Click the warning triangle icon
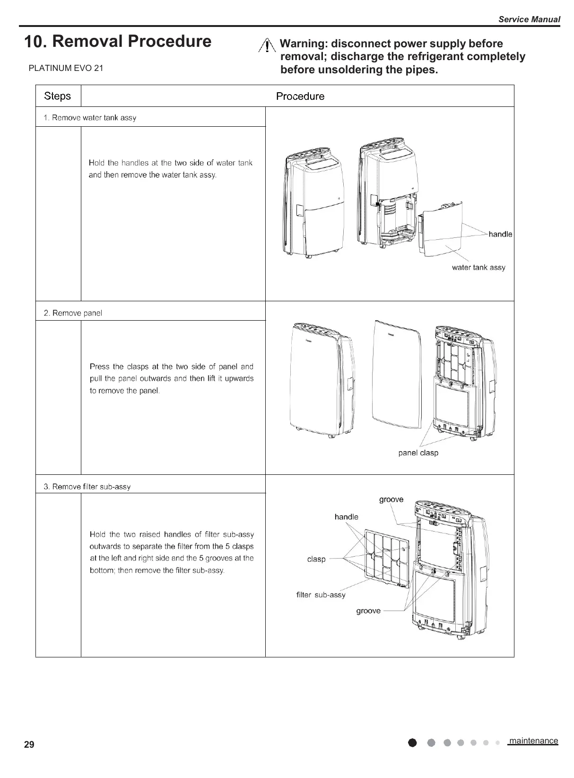[x=267, y=46]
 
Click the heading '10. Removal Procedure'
[x=118, y=42]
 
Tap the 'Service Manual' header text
[x=529, y=19]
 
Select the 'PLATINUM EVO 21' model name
[x=66, y=68]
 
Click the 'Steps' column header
[x=57, y=96]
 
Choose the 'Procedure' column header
[x=300, y=96]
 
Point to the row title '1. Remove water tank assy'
[x=90, y=118]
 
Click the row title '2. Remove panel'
[x=72, y=313]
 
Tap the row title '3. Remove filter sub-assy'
[x=87, y=487]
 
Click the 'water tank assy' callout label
[x=478, y=268]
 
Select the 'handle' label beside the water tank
[x=500, y=235]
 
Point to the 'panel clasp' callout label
[x=418, y=453]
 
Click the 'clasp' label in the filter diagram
[x=316, y=559]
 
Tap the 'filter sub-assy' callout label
[x=321, y=595]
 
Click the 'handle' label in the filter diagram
[x=346, y=517]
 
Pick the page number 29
[x=29, y=745]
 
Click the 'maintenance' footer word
[x=533, y=741]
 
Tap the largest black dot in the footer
[x=413, y=743]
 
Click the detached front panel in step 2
[x=396, y=371]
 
